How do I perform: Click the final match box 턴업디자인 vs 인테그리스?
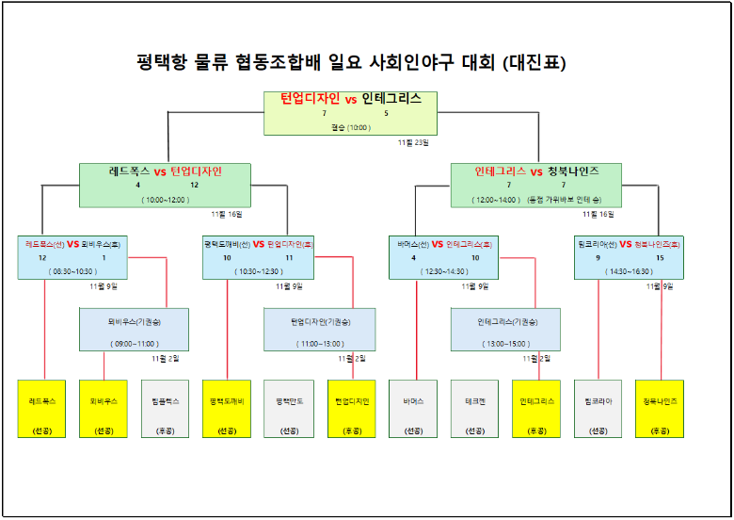click(x=351, y=112)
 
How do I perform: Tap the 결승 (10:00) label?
click(x=351, y=127)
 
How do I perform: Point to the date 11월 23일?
click(x=412, y=143)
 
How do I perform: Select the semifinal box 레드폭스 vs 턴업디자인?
click(x=166, y=185)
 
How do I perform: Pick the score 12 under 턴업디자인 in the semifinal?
click(x=194, y=185)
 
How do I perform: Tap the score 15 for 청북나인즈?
click(x=660, y=257)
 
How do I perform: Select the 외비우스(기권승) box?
click(x=134, y=329)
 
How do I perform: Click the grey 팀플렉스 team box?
click(x=166, y=409)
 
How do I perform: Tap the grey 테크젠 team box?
click(x=474, y=409)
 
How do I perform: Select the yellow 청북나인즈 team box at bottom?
click(x=660, y=409)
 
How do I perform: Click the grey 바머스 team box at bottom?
click(x=413, y=409)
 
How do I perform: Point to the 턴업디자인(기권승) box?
click(x=319, y=329)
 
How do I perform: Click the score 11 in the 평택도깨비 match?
click(x=290, y=257)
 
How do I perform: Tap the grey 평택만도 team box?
click(x=288, y=409)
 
